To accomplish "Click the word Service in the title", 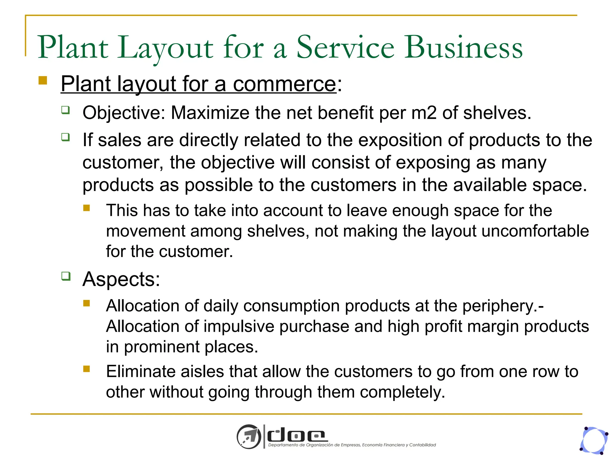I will pos(345,47).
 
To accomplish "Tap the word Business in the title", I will pos(464,47).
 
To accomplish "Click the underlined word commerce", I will pos(284,84).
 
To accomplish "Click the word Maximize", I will pos(210,113).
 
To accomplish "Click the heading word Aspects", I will pos(121,279).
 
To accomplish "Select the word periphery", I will pos(503,306).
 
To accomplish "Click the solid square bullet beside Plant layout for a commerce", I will pos(43,81).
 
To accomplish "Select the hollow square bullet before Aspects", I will pos(66,276).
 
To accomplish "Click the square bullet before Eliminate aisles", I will pos(87,369).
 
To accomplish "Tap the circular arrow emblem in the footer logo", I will pos(249,436).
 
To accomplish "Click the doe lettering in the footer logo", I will pos(296,435).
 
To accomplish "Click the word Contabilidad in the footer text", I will pos(422,445).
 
